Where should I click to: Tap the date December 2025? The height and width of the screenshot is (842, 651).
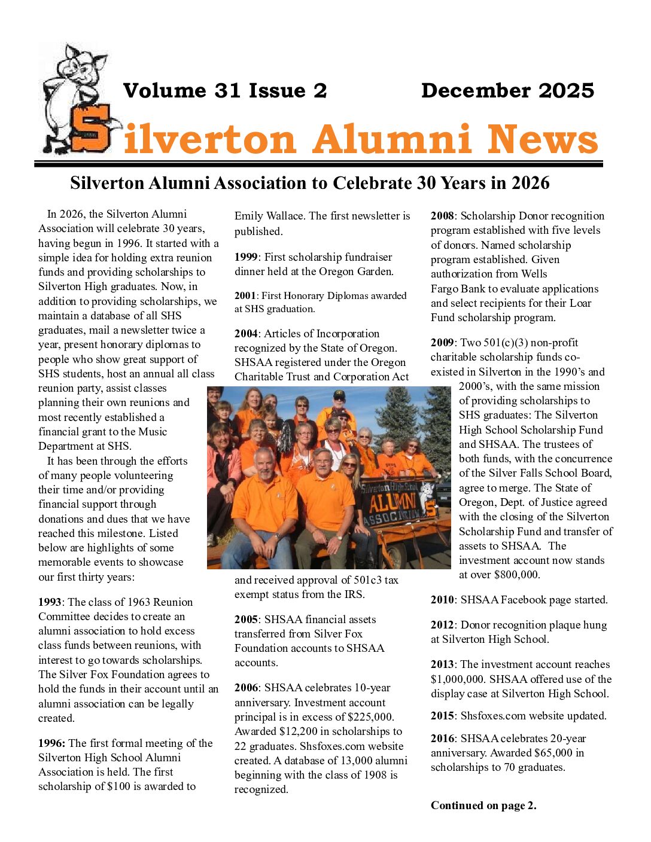click(507, 90)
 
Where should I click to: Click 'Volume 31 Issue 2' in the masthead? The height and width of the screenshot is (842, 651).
click(225, 90)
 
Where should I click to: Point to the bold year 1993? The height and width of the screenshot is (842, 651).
click(50, 602)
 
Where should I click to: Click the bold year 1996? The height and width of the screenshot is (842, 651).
click(51, 743)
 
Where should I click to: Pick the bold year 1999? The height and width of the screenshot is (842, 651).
click(247, 257)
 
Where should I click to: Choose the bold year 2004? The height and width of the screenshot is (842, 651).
click(247, 334)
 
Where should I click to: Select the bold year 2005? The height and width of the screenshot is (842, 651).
click(247, 620)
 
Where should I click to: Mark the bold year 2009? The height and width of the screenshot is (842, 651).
click(442, 343)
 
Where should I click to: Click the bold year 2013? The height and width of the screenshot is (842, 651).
click(442, 664)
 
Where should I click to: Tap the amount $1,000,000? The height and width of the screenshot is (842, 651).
click(460, 679)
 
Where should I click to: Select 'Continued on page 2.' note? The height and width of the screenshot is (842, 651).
click(483, 806)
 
